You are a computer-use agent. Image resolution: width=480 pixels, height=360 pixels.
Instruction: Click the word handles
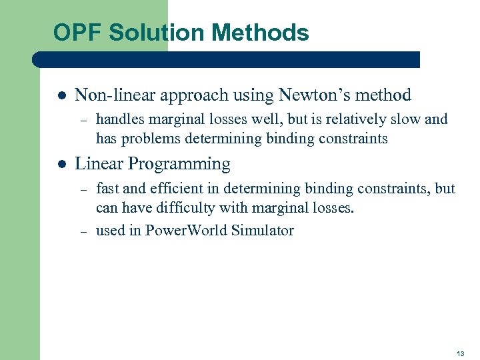(x=119, y=120)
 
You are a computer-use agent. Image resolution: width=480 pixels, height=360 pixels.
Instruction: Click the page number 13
(x=461, y=353)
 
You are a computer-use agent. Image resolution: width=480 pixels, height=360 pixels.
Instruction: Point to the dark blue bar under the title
(x=227, y=59)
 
